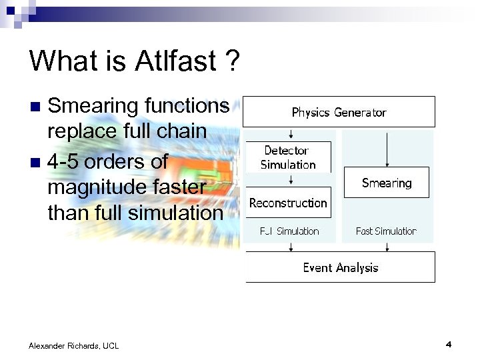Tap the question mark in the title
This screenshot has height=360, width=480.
231,61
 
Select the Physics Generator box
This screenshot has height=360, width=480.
339,112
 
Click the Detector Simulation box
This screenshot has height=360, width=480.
288,158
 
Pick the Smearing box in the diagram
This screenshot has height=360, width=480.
387,183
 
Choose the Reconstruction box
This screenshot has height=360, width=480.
288,203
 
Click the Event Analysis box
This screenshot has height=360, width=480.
340,267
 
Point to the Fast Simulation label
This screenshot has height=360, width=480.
386,231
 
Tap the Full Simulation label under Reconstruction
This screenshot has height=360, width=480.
289,231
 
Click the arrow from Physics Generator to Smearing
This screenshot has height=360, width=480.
387,148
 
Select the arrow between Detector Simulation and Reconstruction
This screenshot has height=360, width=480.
289,179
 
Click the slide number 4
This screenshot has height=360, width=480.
449,345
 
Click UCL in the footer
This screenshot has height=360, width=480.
110,345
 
